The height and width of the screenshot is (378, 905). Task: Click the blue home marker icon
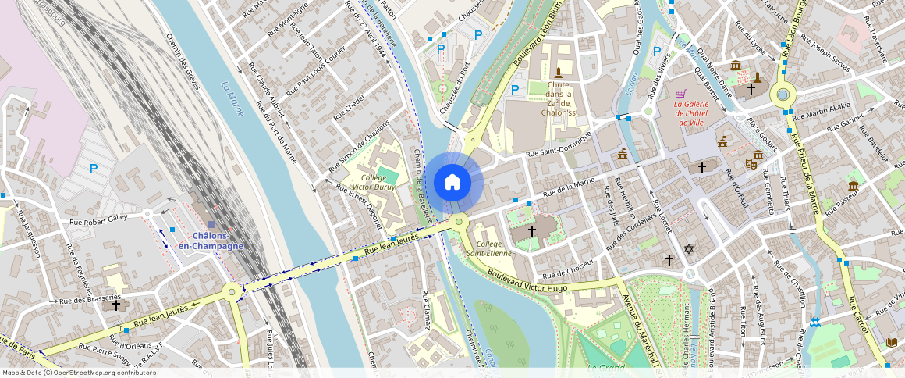click(x=452, y=183)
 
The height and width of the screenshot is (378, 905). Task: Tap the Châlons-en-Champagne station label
click(x=211, y=241)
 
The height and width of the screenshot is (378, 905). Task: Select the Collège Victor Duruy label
click(x=379, y=182)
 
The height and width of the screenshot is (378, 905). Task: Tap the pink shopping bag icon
click(x=680, y=94)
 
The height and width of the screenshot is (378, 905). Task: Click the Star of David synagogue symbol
click(x=688, y=249)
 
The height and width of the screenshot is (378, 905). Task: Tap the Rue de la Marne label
click(x=569, y=187)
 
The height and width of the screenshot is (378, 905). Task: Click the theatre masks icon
click(x=752, y=164)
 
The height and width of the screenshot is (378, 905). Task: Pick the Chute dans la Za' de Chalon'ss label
click(x=559, y=98)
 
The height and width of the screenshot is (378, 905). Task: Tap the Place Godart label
click(x=763, y=135)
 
